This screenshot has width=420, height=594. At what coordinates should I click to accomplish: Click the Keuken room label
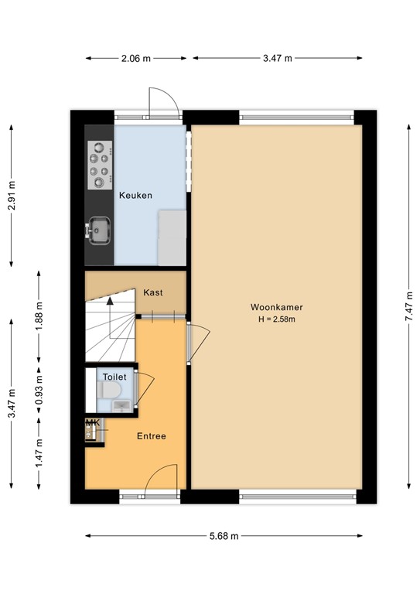point(135,196)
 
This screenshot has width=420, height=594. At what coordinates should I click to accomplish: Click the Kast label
point(152,292)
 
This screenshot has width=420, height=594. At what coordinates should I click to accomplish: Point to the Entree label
point(151,436)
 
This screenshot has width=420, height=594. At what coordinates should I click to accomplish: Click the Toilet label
point(114,377)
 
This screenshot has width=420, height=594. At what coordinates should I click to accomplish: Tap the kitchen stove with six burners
point(99,166)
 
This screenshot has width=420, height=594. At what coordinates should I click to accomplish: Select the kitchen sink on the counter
point(99,229)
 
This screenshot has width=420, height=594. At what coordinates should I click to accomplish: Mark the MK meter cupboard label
point(93,423)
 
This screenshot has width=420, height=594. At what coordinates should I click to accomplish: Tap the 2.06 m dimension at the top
point(135,58)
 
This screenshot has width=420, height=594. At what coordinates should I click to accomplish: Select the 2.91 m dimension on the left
point(11,196)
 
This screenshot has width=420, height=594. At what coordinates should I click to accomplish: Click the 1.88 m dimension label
point(39,316)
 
